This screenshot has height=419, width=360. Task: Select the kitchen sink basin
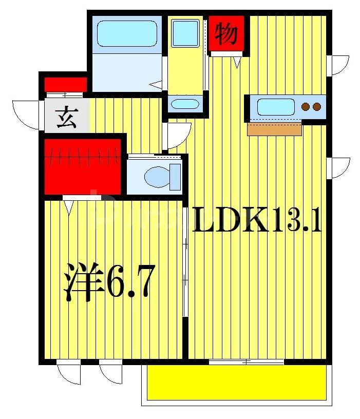tap(275, 107)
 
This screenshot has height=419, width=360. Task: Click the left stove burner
tap(306, 107)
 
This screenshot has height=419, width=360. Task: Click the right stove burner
tap(317, 107)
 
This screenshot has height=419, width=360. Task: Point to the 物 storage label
tap(226, 34)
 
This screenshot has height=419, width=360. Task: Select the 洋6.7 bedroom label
tap(108, 283)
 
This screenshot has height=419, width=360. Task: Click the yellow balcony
tap(236, 382)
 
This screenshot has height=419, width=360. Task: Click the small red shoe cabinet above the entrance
tap(65, 84)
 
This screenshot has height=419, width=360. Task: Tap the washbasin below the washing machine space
tap(184, 104)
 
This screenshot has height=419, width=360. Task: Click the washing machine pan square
tap(185, 33)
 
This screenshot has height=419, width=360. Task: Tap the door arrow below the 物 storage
tap(237, 62)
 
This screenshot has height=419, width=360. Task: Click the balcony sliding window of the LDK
tap(247, 363)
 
